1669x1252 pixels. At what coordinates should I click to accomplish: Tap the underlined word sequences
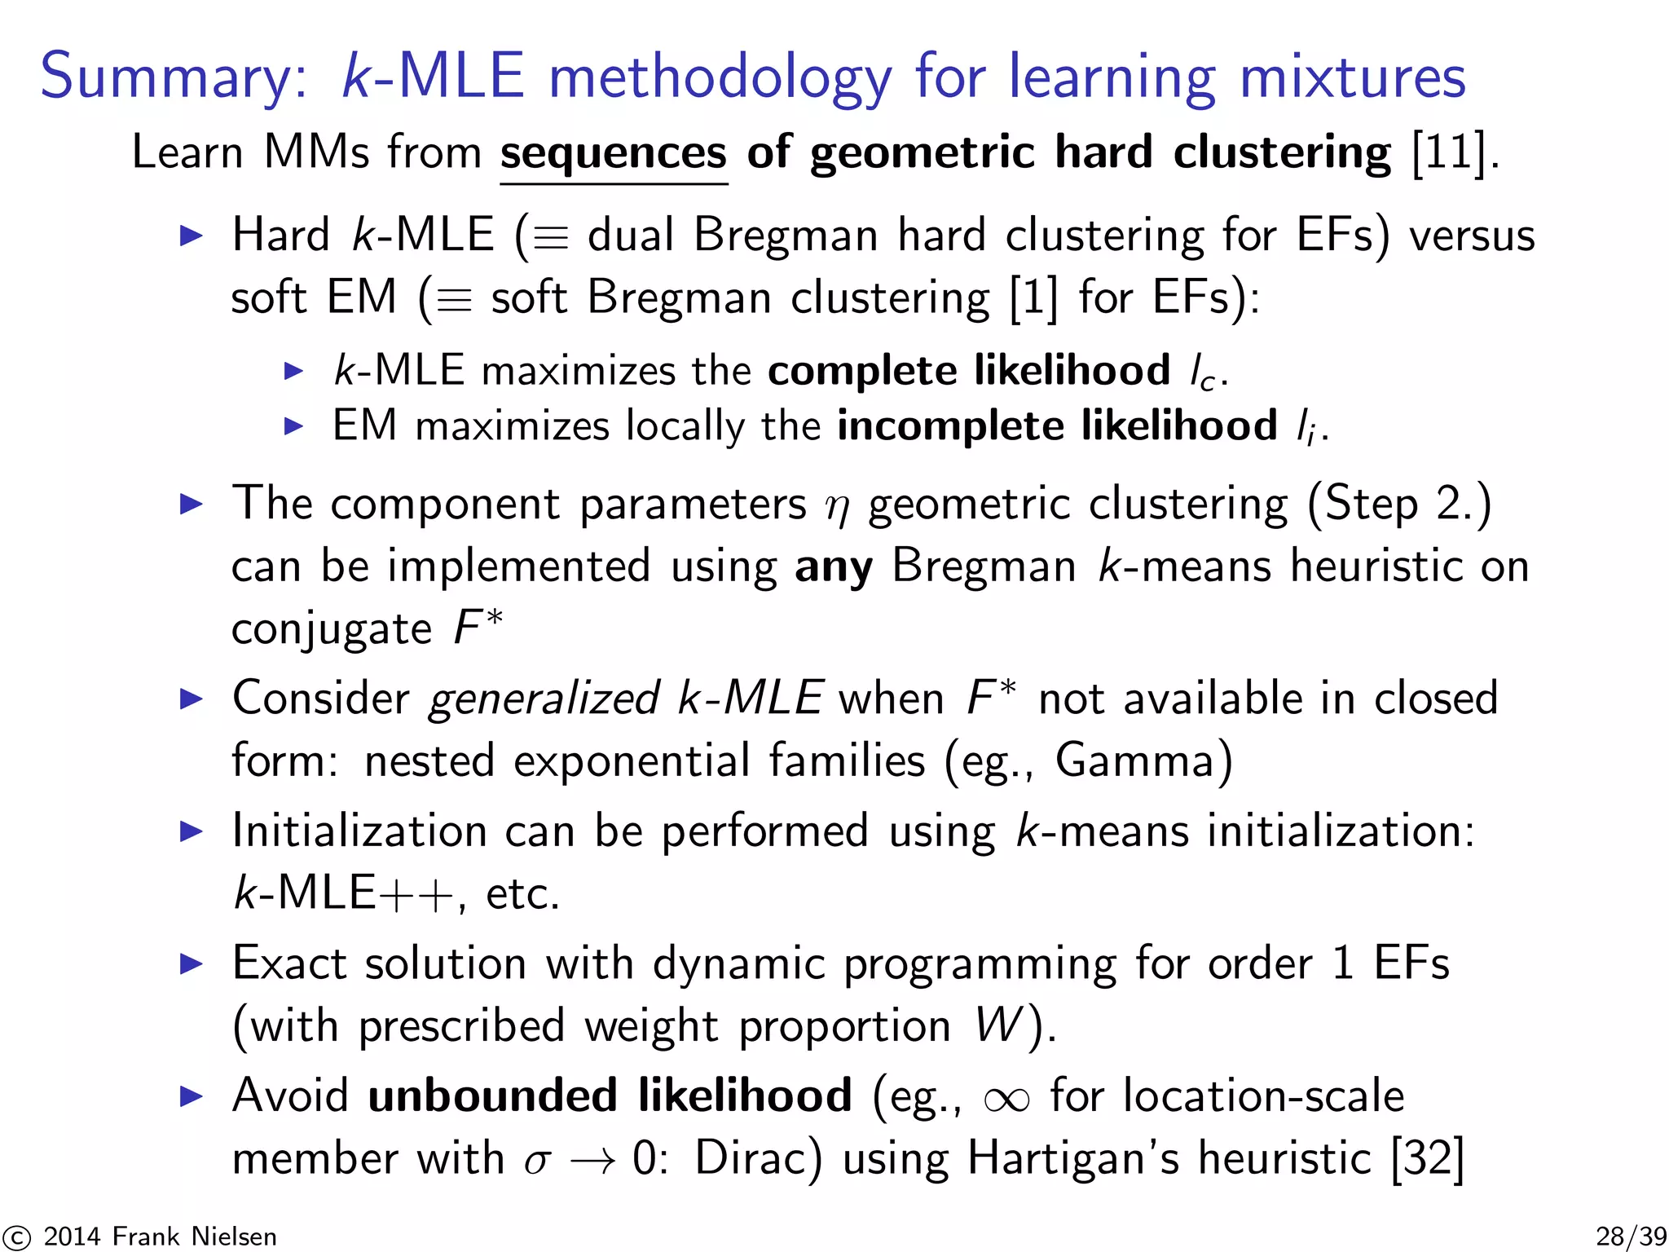(613, 153)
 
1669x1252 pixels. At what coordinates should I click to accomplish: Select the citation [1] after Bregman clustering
(1033, 298)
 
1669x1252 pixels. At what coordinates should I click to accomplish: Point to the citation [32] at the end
(1428, 1157)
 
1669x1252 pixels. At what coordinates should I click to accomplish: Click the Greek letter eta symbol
(837, 507)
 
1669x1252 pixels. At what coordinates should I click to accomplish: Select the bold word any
(833, 566)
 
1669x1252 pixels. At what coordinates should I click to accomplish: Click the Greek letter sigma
(537, 1161)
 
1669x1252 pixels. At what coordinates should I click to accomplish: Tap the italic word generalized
(544, 699)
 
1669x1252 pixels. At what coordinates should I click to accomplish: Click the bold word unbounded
(492, 1095)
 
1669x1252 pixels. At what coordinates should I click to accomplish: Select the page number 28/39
(1630, 1237)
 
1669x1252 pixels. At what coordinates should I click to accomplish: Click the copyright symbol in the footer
(16, 1237)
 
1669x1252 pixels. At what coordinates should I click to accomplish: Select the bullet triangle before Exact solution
(191, 964)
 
